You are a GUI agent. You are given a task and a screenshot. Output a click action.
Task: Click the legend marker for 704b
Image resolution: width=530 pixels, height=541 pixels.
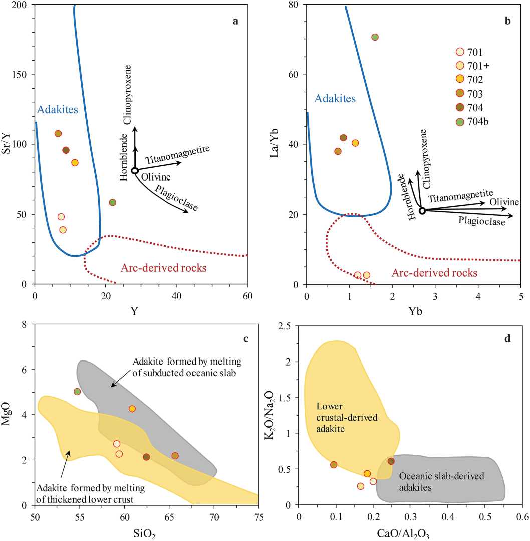(459, 121)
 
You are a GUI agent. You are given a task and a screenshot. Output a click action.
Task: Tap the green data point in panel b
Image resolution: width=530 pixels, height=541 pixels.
(375, 37)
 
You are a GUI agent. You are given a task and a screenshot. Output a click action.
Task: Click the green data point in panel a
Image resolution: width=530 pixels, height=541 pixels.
(113, 202)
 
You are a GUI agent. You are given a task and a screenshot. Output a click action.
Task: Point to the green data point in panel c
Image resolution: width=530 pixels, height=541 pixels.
(77, 392)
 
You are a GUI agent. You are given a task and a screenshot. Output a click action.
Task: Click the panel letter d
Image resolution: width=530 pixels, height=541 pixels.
(507, 339)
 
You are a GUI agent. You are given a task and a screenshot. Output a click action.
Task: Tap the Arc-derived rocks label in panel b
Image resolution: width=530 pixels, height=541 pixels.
(434, 273)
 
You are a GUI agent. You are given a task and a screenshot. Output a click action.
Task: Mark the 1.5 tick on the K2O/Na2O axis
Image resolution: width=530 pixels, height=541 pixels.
(288, 397)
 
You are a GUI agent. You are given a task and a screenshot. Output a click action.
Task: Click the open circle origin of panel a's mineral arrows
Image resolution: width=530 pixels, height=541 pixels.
(135, 171)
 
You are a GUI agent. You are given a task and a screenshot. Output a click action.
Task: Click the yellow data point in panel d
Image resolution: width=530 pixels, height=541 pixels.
(367, 474)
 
